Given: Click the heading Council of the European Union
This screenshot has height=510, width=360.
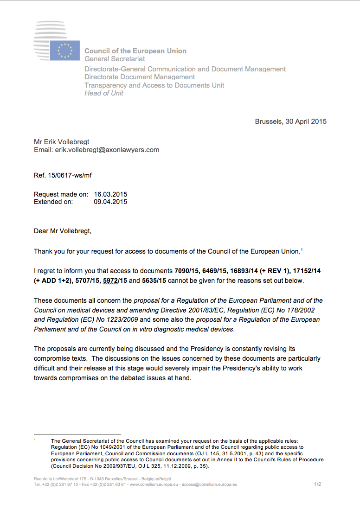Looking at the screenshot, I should [x=135, y=51].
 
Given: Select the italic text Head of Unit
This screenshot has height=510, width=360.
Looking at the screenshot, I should [x=104, y=93].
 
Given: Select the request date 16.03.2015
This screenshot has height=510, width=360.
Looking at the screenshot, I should [x=110, y=195].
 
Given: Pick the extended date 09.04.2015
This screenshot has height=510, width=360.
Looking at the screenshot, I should [x=110, y=202].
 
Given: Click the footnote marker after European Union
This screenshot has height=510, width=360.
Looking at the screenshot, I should [x=302, y=250].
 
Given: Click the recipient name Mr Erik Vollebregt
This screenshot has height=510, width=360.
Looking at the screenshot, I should [x=62, y=142].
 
